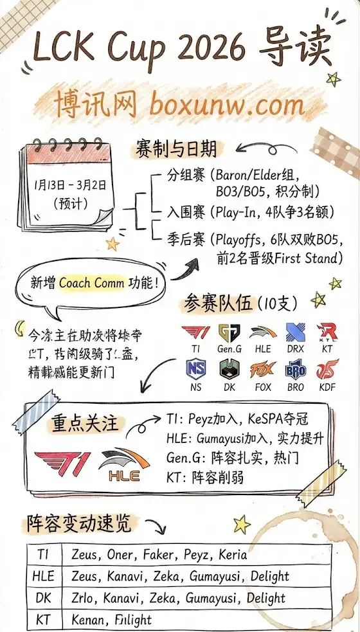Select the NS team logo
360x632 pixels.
tap(195, 371)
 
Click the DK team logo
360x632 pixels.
tap(230, 371)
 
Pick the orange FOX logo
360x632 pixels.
tap(262, 371)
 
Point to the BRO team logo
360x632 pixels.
tap(295, 371)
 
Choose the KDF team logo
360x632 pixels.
tap(328, 371)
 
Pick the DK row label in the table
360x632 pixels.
tap(43, 597)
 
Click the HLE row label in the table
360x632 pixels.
tap(43, 575)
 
